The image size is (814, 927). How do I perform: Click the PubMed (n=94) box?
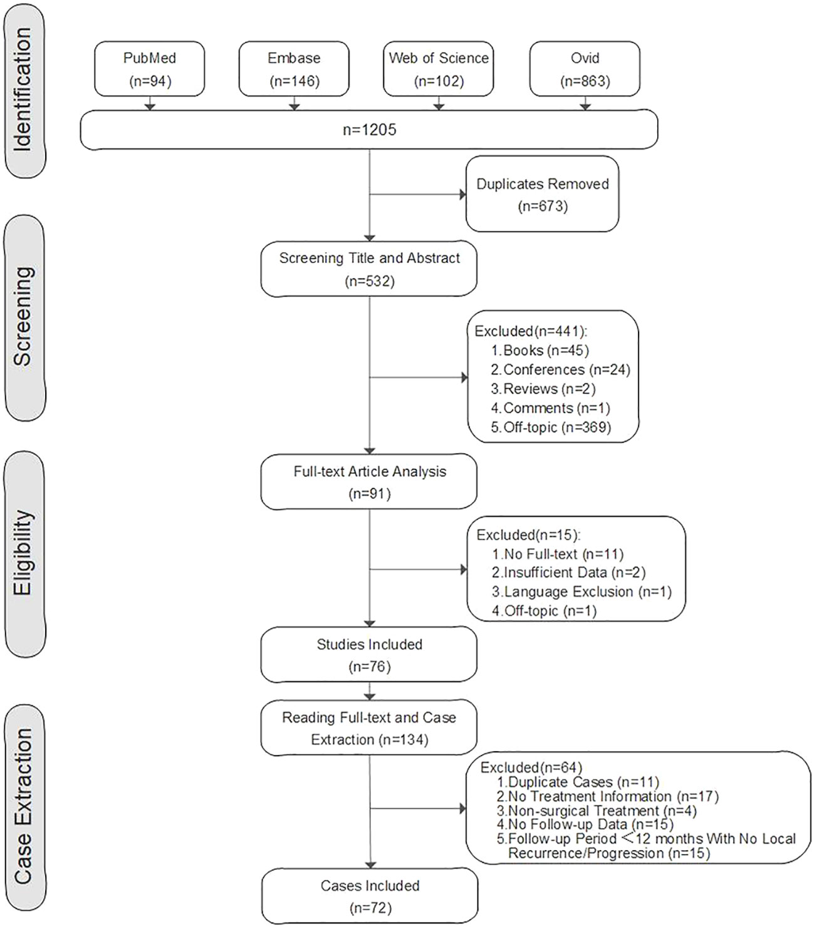coord(149,69)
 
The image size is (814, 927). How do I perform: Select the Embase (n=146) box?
coord(294,69)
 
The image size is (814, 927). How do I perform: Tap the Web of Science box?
coord(439,69)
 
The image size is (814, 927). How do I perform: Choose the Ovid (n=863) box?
coord(585,69)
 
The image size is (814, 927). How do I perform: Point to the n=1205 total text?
coord(369,130)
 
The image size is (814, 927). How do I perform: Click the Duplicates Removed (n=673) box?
coord(543,194)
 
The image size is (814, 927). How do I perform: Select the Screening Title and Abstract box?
coord(368,269)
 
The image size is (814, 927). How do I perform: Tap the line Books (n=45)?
coord(540,351)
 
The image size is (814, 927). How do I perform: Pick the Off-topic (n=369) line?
coord(551,428)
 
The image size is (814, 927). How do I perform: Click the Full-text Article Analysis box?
coord(368,482)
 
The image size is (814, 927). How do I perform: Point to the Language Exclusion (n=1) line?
coord(582,592)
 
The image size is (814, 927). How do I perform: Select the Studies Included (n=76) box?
coord(368,655)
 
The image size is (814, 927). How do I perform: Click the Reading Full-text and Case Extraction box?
coord(368,728)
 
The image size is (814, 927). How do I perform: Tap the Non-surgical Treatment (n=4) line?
coord(597,811)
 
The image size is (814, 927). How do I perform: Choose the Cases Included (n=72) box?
coord(370,896)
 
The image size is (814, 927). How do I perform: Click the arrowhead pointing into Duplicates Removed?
coord(462,195)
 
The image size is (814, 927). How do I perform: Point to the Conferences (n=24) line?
coord(561,370)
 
